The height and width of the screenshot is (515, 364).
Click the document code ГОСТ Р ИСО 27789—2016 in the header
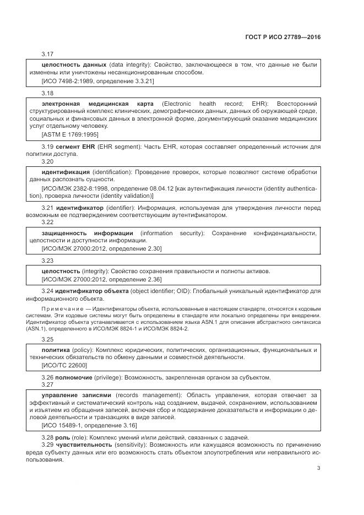coord(282,37)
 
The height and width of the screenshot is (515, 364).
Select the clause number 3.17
coord(47,54)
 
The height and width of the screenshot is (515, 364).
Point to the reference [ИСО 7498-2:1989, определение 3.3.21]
coord(98,81)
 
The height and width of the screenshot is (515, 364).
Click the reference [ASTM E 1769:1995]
coord(70,134)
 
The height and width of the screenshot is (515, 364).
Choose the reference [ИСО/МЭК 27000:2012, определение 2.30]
coord(102,248)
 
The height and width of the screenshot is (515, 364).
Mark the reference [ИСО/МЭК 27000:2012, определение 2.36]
coord(102,279)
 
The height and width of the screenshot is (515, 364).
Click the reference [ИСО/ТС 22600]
coord(64,365)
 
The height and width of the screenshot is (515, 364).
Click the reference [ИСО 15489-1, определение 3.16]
coord(89,426)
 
